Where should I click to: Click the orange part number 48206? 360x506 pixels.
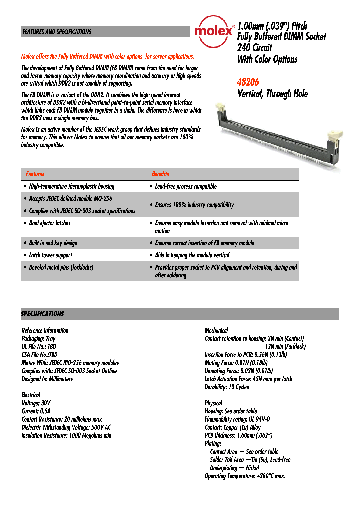click(248, 82)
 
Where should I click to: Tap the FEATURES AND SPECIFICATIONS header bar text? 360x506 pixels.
click(57, 32)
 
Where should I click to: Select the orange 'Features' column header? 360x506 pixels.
click(35, 174)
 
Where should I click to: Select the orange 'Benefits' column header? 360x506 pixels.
click(160, 174)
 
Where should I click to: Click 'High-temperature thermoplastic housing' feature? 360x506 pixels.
click(71, 187)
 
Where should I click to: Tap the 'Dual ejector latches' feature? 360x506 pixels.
click(49, 223)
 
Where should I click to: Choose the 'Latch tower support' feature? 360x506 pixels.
click(50, 255)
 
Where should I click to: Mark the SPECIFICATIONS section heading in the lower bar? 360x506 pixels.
click(42, 314)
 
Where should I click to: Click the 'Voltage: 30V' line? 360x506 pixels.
click(36, 403)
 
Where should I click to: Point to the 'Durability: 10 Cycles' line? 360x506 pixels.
click(227, 387)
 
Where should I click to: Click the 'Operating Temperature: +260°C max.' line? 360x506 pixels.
click(245, 476)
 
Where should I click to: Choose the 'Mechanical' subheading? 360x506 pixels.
click(216, 330)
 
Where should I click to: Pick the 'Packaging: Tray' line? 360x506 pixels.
click(38, 339)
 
